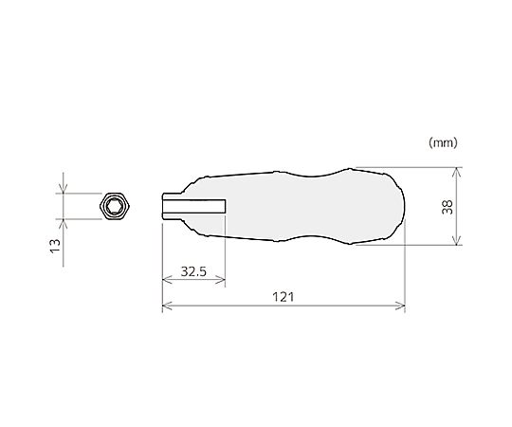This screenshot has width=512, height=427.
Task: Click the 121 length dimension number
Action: [x=283, y=297]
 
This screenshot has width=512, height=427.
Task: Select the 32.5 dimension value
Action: [x=193, y=271]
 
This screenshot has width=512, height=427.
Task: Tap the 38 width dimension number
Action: [x=448, y=207]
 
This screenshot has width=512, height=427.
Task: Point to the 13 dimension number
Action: [x=55, y=246]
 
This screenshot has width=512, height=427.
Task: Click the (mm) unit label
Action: [x=443, y=142]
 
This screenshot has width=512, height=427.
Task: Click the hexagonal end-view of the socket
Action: [x=115, y=206]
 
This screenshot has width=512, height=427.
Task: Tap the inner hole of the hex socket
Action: [x=115, y=206]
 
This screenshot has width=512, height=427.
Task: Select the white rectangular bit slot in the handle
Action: [x=194, y=206]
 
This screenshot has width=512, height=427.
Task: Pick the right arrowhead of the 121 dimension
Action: [x=400, y=306]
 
